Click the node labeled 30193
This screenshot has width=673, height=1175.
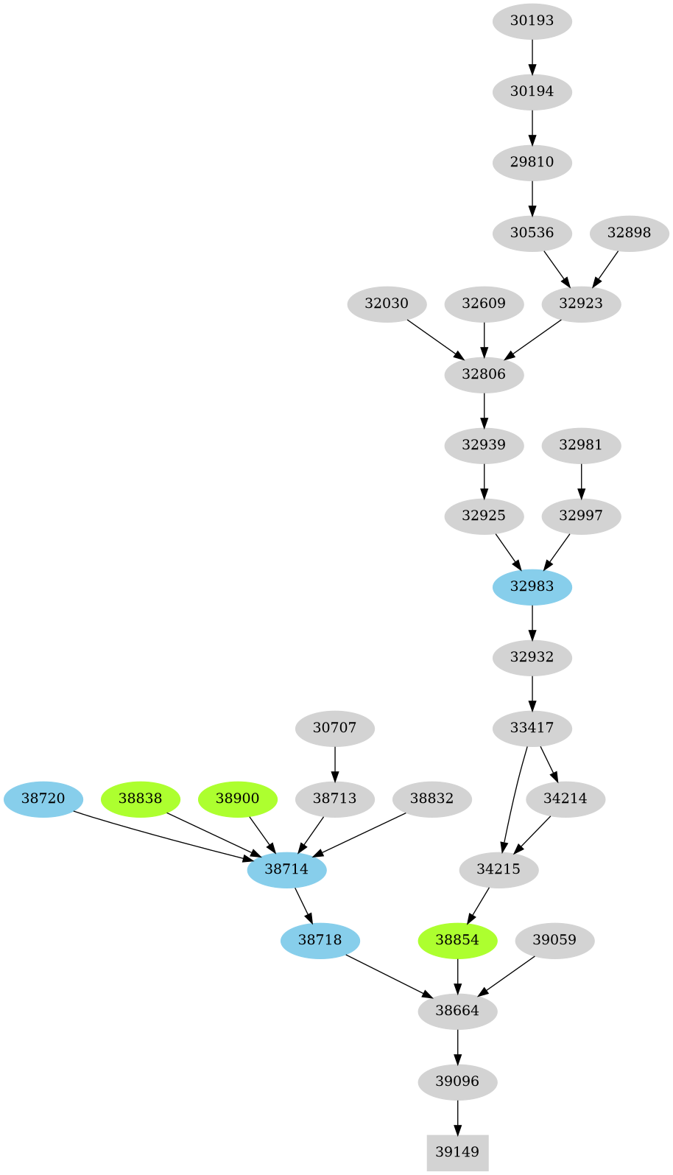coord(532,21)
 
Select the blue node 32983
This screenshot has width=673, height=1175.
coord(532,586)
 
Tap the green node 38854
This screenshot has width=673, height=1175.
coord(457,940)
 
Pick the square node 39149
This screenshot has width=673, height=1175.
coord(457,1152)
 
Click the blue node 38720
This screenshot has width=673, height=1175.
coord(43,799)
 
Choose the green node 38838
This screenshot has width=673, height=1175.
coord(140,799)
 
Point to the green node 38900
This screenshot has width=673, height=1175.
coord(237,799)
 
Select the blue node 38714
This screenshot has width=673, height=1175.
coord(286,869)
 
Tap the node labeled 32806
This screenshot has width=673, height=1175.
coord(484,374)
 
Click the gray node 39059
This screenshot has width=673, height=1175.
coord(554,940)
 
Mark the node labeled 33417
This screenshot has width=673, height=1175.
coord(532,728)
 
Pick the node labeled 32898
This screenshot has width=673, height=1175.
coord(629,233)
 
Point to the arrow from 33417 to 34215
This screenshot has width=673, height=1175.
coord(513,799)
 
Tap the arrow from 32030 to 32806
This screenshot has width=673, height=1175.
coord(434,338)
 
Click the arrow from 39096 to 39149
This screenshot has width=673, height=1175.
coord(457,1117)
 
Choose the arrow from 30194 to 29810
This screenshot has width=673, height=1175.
coord(532,127)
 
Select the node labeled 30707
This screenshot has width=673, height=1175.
coord(334,728)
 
